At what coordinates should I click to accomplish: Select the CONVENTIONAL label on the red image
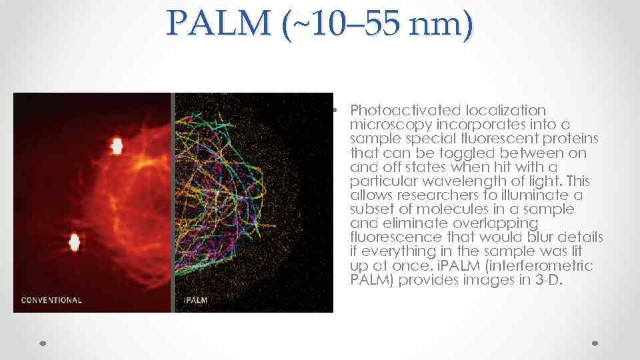[52, 300]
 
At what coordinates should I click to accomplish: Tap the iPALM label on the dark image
[196, 300]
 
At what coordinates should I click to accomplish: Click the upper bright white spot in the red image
[117, 145]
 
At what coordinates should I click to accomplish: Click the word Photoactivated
[401, 110]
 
